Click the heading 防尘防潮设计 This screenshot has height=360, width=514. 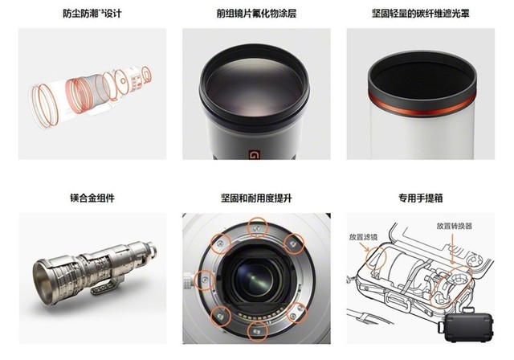click(x=92, y=14)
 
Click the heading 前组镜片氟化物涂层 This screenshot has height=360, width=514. click(x=256, y=14)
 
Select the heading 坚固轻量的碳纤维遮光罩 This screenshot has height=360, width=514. click(x=421, y=14)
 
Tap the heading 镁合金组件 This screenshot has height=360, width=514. click(x=92, y=198)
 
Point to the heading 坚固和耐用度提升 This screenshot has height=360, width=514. click(x=256, y=198)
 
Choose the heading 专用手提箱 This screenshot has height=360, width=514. click(x=421, y=198)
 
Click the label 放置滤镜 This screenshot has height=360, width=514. click(x=363, y=237)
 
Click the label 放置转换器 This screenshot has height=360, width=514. click(x=454, y=226)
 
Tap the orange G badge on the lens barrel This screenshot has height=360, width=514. click(x=254, y=154)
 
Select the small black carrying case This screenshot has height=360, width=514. click(x=467, y=326)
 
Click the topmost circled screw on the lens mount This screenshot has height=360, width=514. click(x=257, y=227)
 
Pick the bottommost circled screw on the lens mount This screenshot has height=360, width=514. click(x=257, y=332)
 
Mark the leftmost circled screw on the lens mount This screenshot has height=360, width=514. click(x=205, y=280)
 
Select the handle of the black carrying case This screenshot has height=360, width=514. click(x=468, y=310)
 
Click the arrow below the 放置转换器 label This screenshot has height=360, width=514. click(x=452, y=247)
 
